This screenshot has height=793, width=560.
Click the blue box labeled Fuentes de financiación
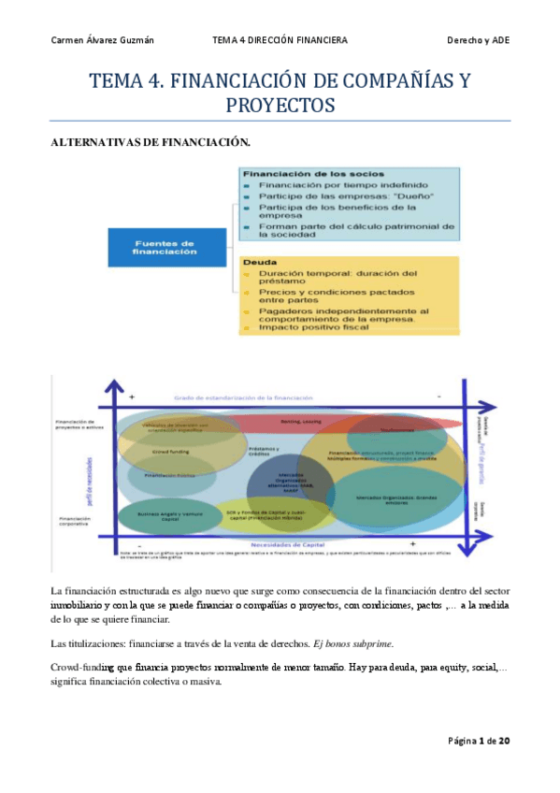(x=165, y=247)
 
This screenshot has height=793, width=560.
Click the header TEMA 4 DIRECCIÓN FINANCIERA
(x=280, y=40)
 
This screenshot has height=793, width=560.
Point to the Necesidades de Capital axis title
(x=280, y=543)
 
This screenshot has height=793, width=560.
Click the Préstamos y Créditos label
(x=265, y=450)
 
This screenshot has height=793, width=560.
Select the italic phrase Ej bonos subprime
(x=356, y=643)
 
